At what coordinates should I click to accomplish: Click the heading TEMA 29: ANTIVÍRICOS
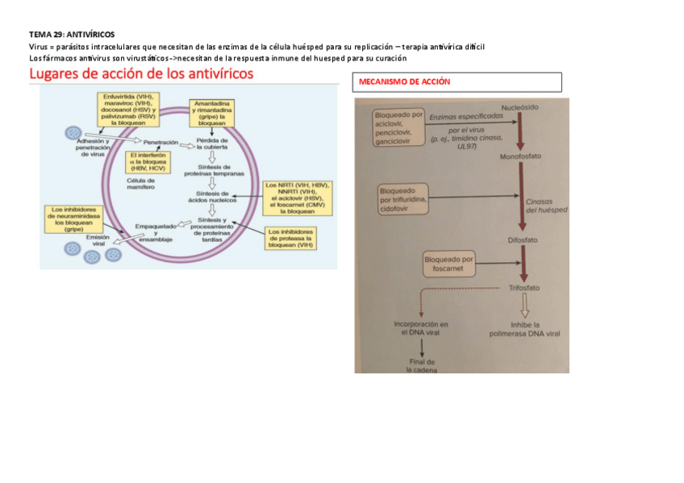[72, 35]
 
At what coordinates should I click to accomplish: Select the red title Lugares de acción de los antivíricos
[141, 74]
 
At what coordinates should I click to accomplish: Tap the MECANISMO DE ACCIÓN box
[457, 82]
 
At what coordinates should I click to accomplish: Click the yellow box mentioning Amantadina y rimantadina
[212, 113]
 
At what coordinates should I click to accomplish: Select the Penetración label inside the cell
[161, 142]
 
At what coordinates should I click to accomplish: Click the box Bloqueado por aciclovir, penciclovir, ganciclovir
[398, 127]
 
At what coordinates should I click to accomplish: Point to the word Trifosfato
[523, 288]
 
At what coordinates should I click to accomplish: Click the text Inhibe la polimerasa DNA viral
[524, 328]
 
